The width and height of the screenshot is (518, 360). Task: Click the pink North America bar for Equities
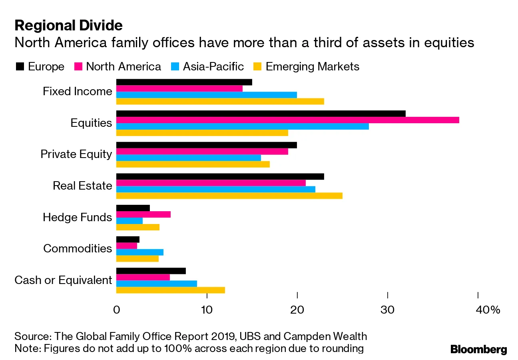click(287, 120)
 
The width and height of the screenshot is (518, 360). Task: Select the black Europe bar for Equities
click(261, 114)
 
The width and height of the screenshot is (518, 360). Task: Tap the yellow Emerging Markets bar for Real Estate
click(229, 196)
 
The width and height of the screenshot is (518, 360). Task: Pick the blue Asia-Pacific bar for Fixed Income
click(206, 95)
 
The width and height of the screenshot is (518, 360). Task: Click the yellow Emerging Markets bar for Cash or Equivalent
click(170, 290)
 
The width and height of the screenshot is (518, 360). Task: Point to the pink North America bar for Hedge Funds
click(143, 214)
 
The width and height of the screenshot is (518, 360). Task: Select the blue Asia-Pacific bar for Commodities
click(139, 252)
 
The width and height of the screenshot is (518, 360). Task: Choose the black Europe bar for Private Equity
click(206, 145)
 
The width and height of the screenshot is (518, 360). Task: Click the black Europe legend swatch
click(19, 67)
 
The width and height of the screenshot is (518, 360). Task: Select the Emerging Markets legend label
click(312, 66)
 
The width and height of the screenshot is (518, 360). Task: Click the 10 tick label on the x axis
click(206, 310)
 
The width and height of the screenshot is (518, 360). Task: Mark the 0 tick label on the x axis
click(116, 310)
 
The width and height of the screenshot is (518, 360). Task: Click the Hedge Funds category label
click(78, 217)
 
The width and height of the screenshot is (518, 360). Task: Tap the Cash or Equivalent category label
click(63, 280)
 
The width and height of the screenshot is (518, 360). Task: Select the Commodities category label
click(78, 248)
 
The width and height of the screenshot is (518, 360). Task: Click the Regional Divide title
click(68, 26)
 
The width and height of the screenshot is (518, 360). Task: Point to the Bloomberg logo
click(478, 349)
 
